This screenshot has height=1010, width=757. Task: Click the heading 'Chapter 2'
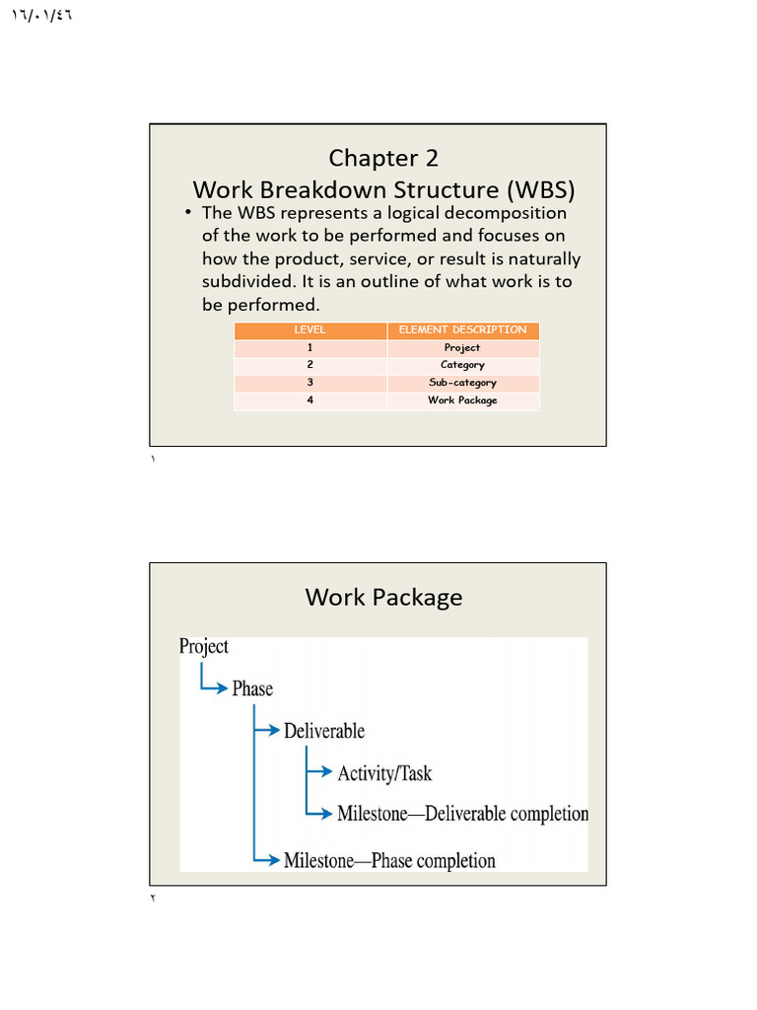click(x=383, y=158)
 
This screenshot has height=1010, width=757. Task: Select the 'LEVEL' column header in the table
click(x=310, y=330)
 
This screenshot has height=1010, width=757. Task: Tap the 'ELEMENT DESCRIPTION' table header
click(x=462, y=330)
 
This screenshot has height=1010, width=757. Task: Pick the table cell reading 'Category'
click(x=462, y=365)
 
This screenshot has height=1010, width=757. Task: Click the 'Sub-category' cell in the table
click(x=462, y=383)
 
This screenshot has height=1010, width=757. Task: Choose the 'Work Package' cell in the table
click(x=462, y=400)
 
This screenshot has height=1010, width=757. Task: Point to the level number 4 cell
click(x=310, y=400)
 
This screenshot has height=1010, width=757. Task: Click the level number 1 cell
click(x=310, y=348)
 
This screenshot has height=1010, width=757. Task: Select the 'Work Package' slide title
click(x=383, y=597)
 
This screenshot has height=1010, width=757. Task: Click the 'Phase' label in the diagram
click(x=252, y=688)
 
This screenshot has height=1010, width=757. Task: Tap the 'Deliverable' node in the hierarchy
click(x=324, y=731)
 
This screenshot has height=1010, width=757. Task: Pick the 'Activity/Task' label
click(x=384, y=773)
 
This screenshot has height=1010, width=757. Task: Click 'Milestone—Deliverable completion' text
click(x=462, y=814)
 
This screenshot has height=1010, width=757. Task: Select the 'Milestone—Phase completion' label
click(x=389, y=860)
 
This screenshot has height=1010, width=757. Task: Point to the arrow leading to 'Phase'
click(x=215, y=687)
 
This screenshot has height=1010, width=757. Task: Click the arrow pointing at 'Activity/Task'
click(x=320, y=772)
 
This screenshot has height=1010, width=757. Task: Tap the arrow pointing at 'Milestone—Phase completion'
click(x=267, y=859)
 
